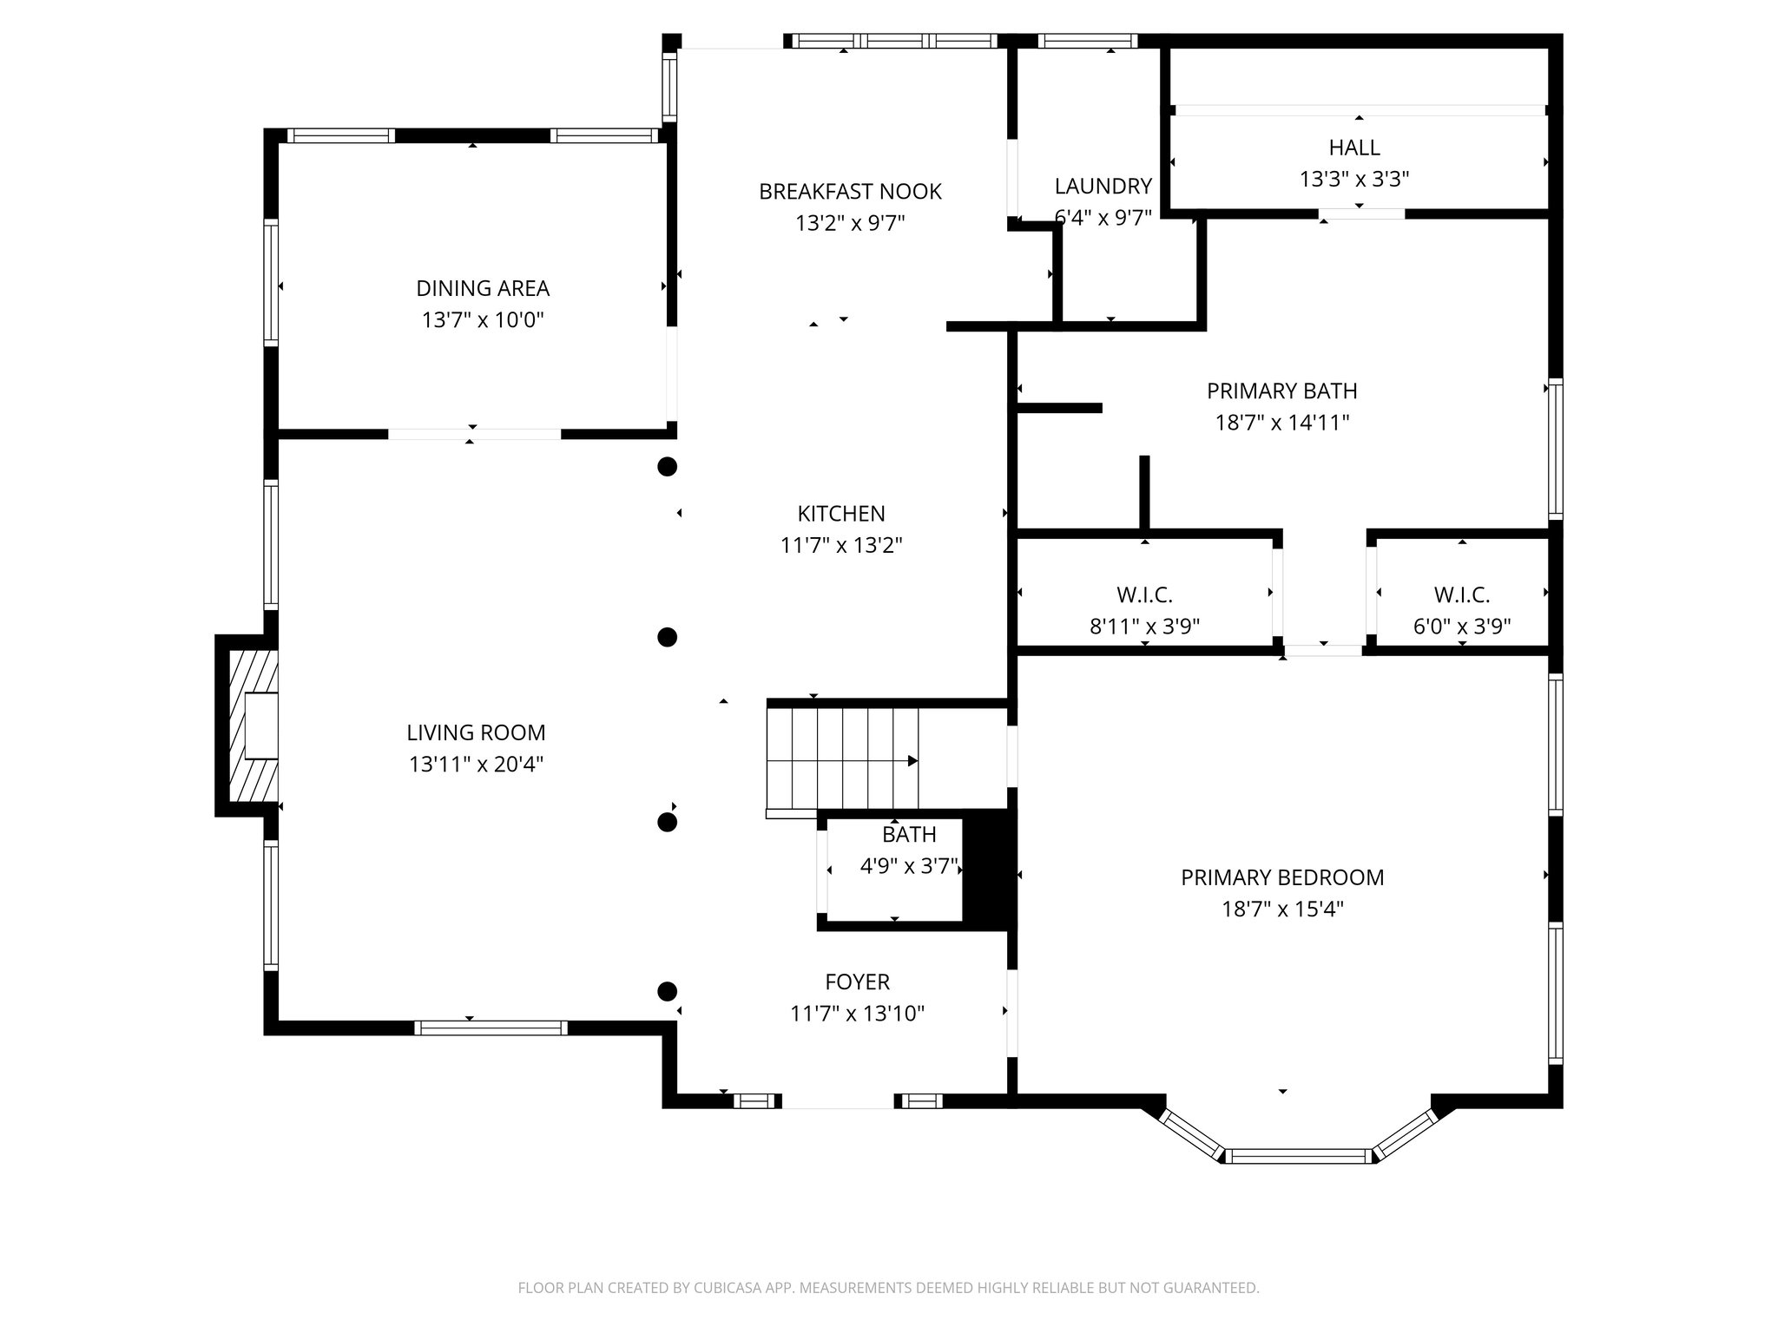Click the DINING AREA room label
(483, 288)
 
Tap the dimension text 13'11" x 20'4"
(476, 765)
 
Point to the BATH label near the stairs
(909, 835)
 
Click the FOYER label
(857, 982)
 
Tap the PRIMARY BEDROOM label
(1282, 877)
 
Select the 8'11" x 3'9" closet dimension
(1144, 627)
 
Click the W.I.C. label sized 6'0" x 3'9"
(1462, 595)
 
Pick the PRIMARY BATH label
(1281, 391)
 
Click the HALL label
(1353, 148)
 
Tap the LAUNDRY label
(1103, 187)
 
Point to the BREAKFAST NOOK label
(850, 192)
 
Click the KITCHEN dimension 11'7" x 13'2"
(841, 546)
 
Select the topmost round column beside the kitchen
(667, 467)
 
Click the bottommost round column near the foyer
(667, 991)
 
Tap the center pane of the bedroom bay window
(1298, 1156)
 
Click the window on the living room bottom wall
(491, 1028)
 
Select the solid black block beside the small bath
(987, 870)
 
